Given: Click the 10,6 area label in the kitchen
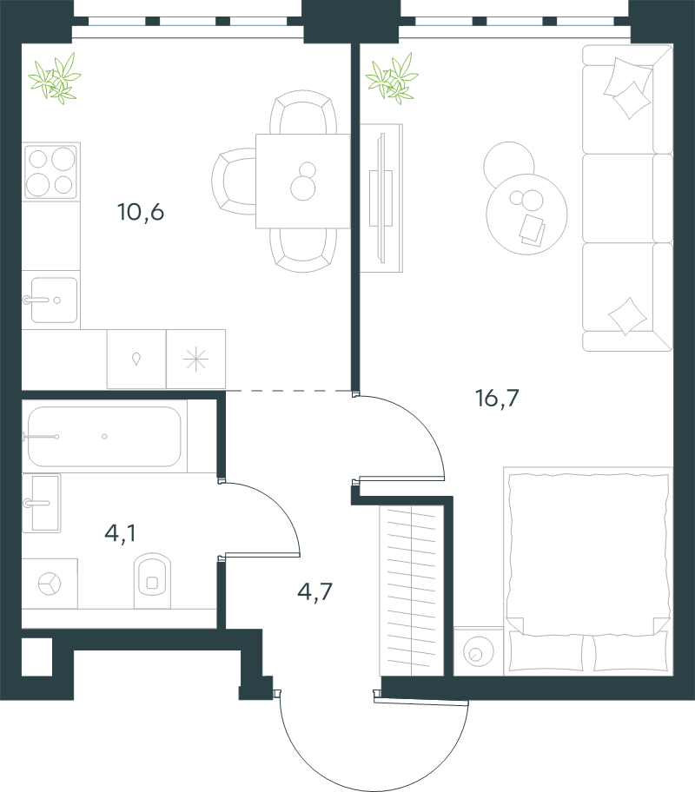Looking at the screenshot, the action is pos(141,212).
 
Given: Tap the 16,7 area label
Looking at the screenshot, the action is pos(497,398).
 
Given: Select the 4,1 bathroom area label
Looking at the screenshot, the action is pos(120,533).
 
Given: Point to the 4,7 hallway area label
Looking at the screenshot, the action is pos(314,591).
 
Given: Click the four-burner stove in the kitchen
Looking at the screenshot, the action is pos(51,171).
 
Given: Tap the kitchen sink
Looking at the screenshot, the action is pos(50,300).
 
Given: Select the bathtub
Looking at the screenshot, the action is pos(104,437).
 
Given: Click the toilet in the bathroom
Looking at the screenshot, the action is pos(152,580).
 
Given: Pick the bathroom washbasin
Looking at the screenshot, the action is pos(42,503).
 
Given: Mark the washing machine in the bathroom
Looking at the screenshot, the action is pos(50,584).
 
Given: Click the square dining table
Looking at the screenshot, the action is pos(303,181).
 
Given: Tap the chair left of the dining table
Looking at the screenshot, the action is pos(234,181).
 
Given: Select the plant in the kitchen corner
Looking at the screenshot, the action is pos(55,79).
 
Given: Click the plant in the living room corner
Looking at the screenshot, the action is pos(392,79).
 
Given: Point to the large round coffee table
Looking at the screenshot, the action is pos(526,214).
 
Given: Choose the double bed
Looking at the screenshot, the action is pos(589,571).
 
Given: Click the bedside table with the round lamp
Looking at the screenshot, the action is pos(478,651).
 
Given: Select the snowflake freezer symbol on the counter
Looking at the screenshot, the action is pos(195,360).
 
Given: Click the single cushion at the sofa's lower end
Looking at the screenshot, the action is pos(627,316).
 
